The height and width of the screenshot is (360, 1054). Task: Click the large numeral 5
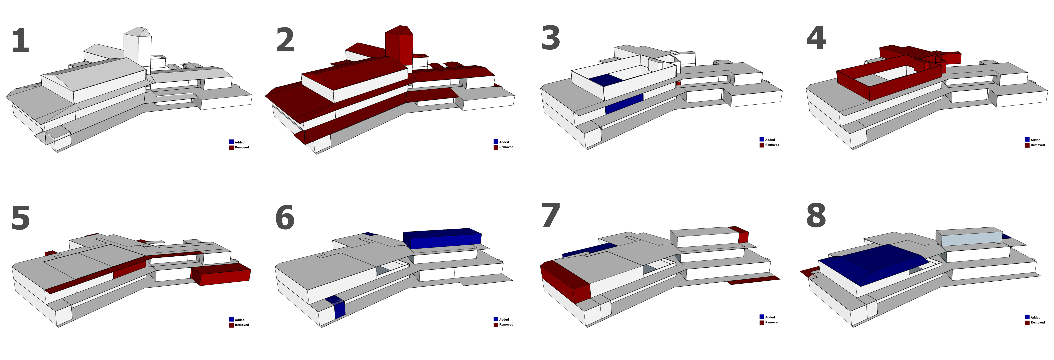[x=20, y=218]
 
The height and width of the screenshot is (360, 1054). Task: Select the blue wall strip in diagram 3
[x=624, y=104]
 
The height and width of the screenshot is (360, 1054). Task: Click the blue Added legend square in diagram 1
[x=231, y=142]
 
